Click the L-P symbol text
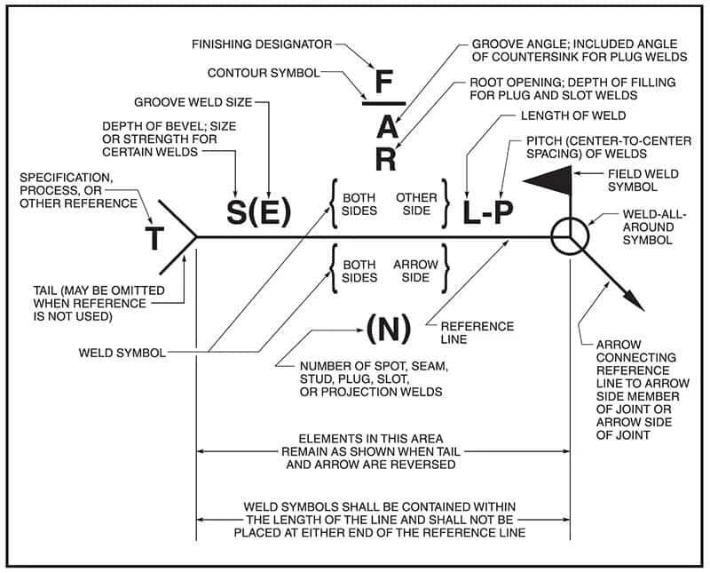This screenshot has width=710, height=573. click(487, 211)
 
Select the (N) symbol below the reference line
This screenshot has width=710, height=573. click(388, 329)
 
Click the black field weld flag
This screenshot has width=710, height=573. click(548, 179)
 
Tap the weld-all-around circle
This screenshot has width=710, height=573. click(568, 237)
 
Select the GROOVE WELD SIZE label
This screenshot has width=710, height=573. click(193, 102)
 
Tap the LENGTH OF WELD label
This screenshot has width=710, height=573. click(558, 115)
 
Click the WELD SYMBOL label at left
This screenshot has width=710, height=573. click(124, 352)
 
